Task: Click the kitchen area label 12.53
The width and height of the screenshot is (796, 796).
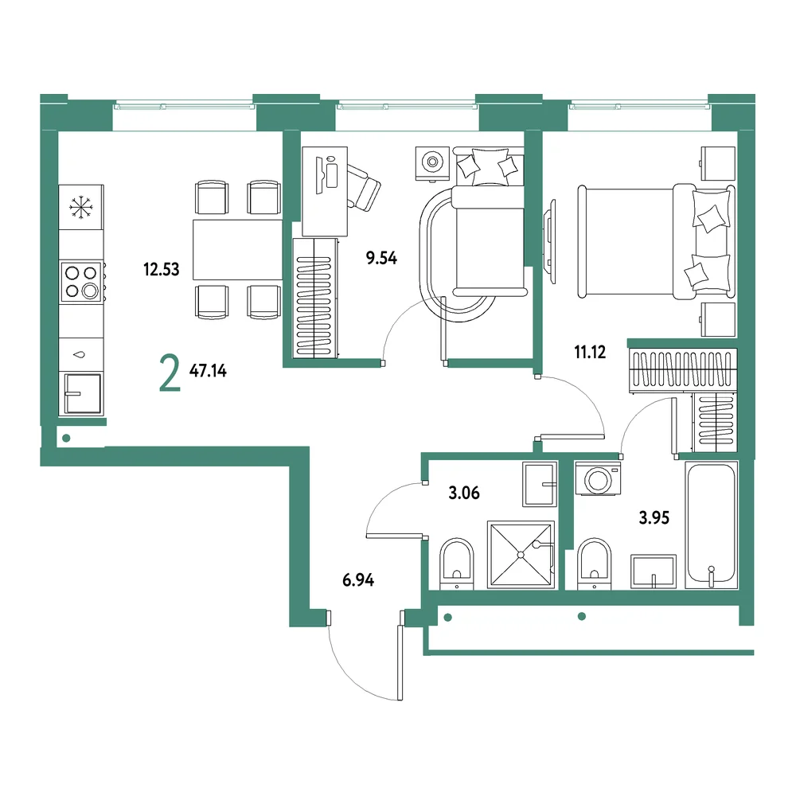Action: click(x=162, y=269)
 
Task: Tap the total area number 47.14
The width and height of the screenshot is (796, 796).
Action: click(x=208, y=371)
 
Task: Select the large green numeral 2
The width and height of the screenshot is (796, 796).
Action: click(x=170, y=373)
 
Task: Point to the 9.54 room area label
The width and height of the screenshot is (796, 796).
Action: click(x=382, y=259)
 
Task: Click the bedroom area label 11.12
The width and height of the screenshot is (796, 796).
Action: click(x=590, y=352)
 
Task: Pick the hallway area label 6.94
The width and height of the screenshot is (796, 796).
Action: click(x=358, y=579)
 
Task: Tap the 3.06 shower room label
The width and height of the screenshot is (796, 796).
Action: click(x=464, y=493)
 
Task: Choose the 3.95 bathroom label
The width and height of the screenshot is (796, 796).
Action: click(x=654, y=518)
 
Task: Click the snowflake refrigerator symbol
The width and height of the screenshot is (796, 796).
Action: click(x=80, y=207)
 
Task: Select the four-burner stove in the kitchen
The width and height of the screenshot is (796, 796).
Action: click(x=82, y=282)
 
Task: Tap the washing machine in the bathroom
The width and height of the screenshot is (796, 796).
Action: click(x=598, y=478)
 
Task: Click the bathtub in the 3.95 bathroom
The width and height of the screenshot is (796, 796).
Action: click(x=711, y=525)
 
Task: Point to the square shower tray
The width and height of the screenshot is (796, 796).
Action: click(x=521, y=555)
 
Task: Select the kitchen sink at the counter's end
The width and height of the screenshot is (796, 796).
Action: click(x=81, y=394)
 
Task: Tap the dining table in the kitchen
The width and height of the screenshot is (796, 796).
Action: click(x=237, y=250)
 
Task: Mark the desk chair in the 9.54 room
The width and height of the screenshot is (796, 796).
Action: click(x=363, y=187)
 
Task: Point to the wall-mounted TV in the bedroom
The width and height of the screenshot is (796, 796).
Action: click(x=549, y=240)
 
